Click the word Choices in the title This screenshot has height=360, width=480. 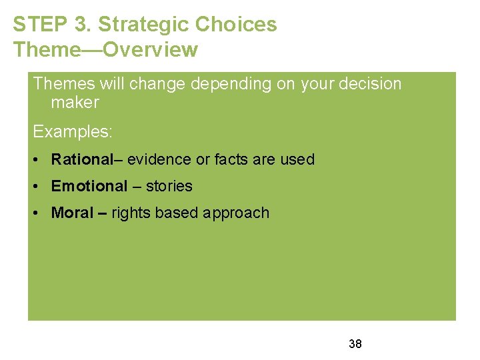click(236, 25)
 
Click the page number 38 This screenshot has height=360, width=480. click(355, 344)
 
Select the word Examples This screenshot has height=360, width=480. click(73, 132)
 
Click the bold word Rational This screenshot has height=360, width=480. click(82, 159)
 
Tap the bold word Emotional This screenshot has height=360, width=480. click(89, 186)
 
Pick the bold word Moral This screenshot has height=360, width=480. click(72, 213)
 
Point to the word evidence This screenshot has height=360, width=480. click(159, 159)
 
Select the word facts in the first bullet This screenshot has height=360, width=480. click(231, 159)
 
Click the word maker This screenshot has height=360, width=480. click(75, 103)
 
